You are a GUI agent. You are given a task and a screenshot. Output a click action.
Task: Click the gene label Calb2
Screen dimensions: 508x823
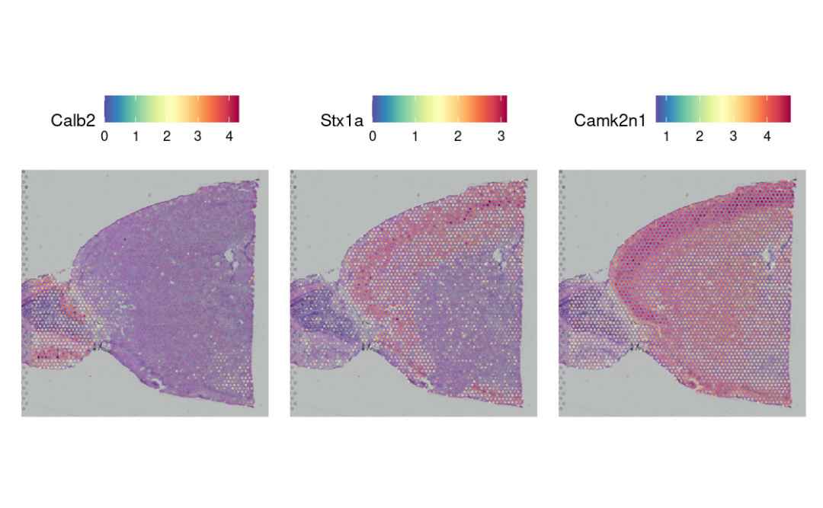click(72, 120)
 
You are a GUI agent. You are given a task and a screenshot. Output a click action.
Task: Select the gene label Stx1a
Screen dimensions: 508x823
click(342, 120)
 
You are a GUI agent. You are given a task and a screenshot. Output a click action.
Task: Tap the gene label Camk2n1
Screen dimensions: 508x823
click(609, 120)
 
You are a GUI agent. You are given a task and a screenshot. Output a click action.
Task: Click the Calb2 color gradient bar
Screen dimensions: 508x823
click(171, 108)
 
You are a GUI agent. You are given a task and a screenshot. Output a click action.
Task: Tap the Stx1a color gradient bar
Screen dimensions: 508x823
click(439, 108)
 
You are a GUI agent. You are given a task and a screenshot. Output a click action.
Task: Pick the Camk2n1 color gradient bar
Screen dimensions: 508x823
click(722, 108)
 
